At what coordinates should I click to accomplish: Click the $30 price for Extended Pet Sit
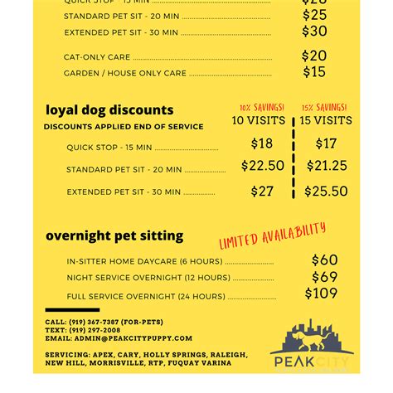[314, 32]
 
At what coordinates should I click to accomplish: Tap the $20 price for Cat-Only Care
[314, 56]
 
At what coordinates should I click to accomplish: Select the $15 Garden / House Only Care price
[314, 73]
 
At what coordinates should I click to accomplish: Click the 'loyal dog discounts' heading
[109, 110]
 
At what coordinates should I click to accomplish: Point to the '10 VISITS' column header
[258, 121]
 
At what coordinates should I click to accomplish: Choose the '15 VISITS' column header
[326, 121]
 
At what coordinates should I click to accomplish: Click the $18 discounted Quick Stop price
[262, 144]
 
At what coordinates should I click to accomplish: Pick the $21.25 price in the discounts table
[327, 167]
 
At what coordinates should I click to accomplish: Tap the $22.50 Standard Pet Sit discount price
[263, 167]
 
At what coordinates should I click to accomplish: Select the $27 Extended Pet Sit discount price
[262, 192]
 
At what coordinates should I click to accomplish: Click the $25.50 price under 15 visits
[326, 192]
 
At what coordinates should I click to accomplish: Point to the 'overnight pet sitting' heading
[114, 235]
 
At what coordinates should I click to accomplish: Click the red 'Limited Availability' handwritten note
[272, 235]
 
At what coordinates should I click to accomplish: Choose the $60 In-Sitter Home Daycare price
[324, 261]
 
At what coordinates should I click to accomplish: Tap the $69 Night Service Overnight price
[324, 277]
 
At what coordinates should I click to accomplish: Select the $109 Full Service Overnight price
[321, 294]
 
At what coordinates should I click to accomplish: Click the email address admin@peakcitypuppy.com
[119, 338]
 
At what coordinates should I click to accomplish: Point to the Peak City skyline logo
[312, 344]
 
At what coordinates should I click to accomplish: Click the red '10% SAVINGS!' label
[261, 108]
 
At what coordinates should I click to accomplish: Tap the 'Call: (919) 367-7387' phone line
[104, 322]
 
